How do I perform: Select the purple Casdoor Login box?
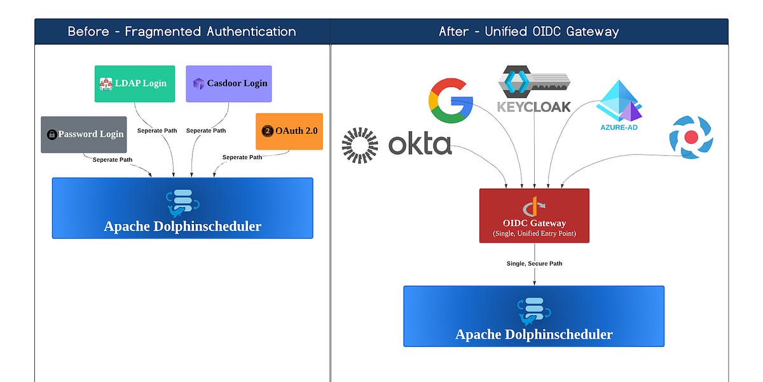(229, 83)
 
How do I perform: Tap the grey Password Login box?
(83, 134)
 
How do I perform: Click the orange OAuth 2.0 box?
(289, 131)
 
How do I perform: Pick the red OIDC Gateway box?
(534, 215)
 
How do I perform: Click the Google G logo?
(451, 101)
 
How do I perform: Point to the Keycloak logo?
(534, 89)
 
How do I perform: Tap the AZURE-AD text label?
(619, 127)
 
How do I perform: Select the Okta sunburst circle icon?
(359, 145)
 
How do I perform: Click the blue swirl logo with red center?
(691, 137)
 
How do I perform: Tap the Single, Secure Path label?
(534, 263)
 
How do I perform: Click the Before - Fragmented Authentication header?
(182, 31)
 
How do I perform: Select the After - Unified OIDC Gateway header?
(529, 31)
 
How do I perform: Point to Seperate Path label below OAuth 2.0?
(242, 157)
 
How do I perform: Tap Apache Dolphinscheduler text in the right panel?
(534, 334)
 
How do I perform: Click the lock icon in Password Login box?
(52, 134)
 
